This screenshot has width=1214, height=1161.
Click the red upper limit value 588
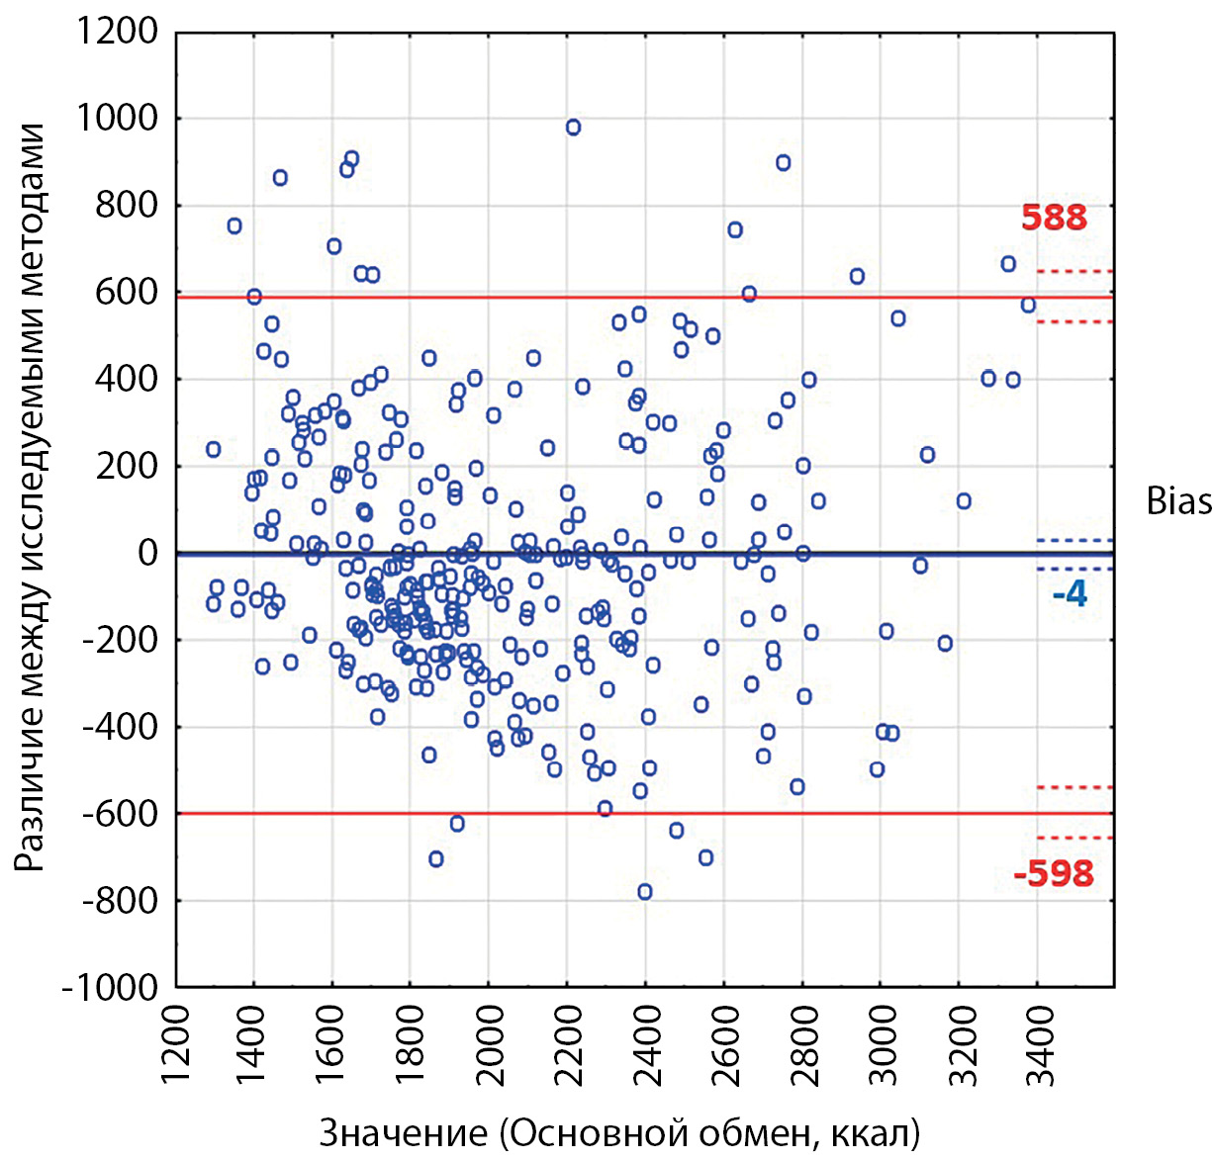click(1054, 218)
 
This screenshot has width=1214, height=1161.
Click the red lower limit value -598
click(1054, 874)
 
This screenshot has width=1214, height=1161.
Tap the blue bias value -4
click(1070, 593)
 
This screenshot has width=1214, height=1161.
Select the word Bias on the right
click(1178, 501)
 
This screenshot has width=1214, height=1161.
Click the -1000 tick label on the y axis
click(110, 987)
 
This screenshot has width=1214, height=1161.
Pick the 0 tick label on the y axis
click(147, 553)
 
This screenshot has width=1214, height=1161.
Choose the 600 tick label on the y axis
click(127, 293)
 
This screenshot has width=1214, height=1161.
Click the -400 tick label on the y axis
click(120, 727)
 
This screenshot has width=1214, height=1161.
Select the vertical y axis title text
click(32, 497)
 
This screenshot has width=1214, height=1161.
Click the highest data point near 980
click(573, 127)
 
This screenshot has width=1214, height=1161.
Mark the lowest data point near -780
click(645, 892)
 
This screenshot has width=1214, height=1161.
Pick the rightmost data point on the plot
click(1029, 305)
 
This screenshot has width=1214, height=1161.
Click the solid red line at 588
click(693, 297)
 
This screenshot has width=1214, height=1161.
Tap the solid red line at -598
click(693, 813)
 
